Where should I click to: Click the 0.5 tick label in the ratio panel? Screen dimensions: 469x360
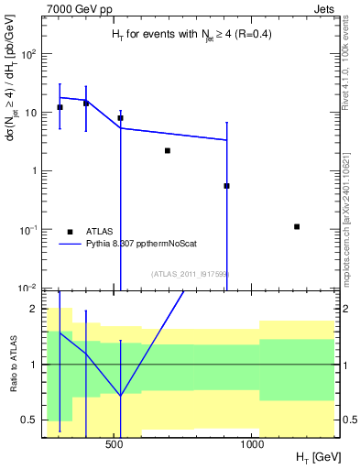(27, 420)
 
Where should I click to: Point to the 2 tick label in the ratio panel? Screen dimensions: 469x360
(33, 309)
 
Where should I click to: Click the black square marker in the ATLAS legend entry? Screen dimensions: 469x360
(69, 232)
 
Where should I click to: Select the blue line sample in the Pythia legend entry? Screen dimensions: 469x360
(69, 245)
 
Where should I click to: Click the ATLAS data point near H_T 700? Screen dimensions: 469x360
(168, 150)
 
